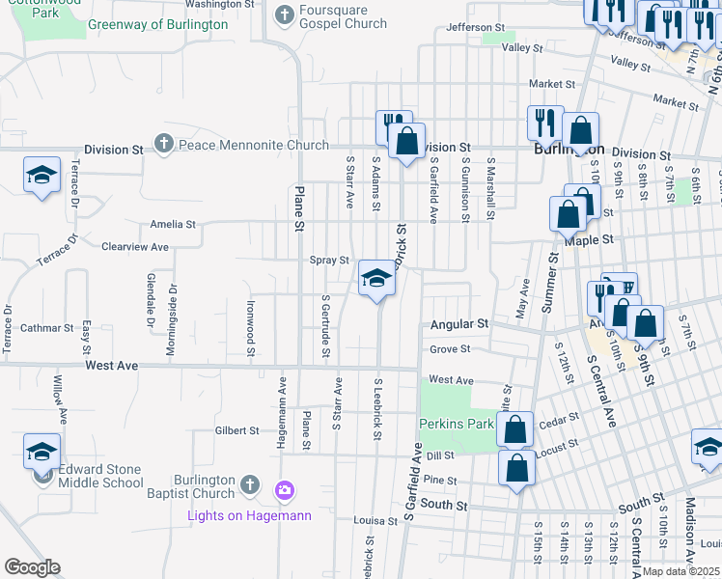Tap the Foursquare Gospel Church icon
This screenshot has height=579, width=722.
[284, 14]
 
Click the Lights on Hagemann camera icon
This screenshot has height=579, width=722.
[284, 490]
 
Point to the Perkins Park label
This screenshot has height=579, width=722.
[455, 424]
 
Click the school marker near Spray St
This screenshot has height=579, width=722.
[376, 279]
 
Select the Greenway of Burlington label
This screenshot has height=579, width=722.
[157, 24]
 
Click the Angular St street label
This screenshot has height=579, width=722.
[459, 325]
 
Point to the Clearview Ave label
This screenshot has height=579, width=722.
[135, 247]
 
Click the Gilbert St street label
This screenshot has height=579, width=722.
[236, 430]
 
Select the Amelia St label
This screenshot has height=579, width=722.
[173, 224]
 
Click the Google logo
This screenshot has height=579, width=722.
[32, 566]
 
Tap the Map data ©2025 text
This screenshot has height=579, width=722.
[681, 571]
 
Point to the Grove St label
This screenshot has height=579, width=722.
[450, 349]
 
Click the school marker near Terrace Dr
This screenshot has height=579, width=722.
[42, 176]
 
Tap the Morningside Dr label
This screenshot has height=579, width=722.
[172, 318]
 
